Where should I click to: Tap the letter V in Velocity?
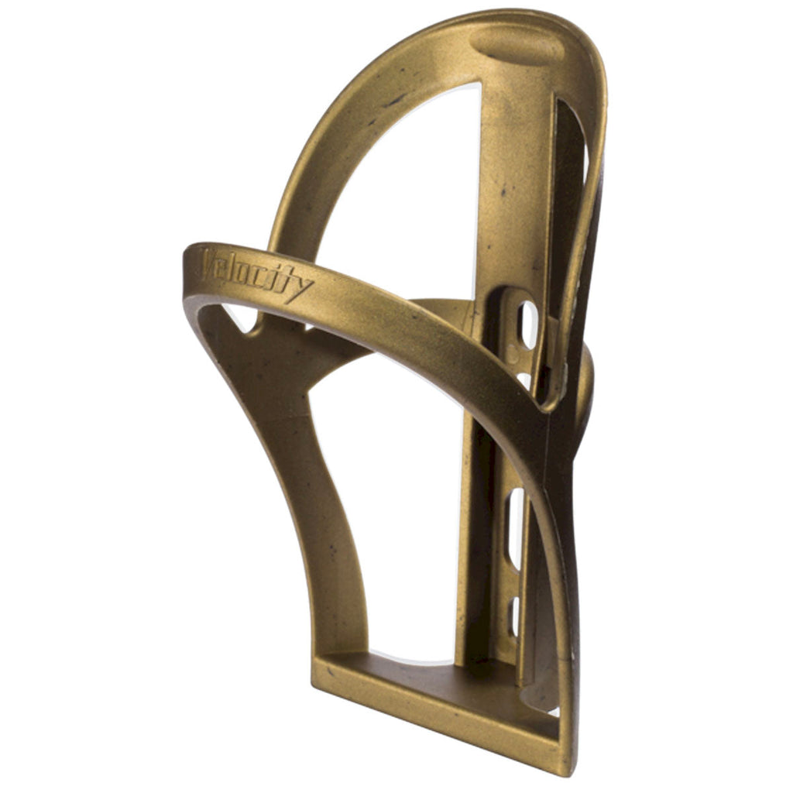click(x=208, y=264)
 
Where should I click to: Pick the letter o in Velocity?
click(x=243, y=273)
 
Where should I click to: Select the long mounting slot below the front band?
click(x=515, y=527)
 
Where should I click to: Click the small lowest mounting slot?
click(x=514, y=616)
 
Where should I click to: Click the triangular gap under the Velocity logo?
click(x=241, y=318)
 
